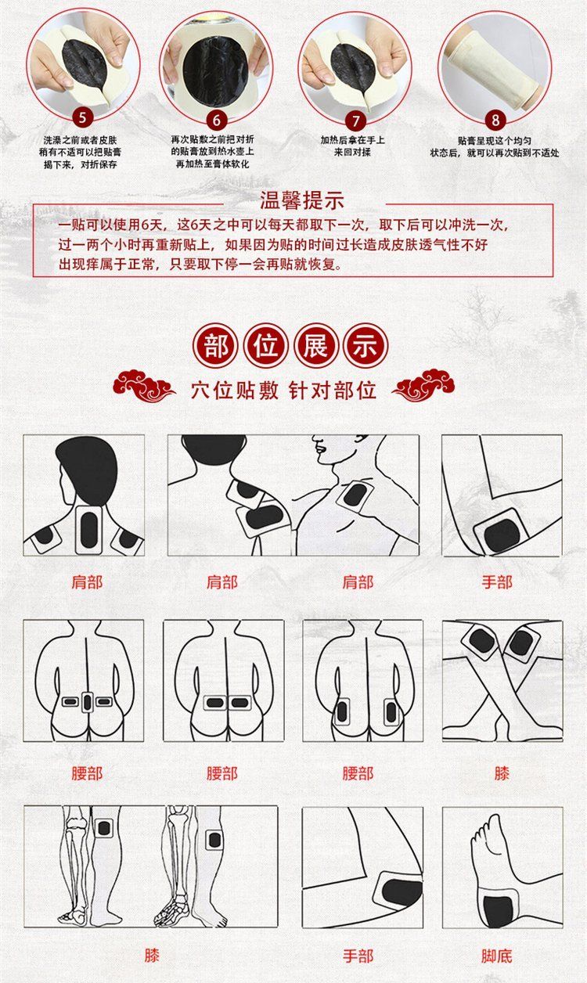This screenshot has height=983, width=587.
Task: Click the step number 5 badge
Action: pyautogui.click(x=82, y=117)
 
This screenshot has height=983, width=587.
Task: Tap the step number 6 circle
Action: pyautogui.click(x=216, y=120)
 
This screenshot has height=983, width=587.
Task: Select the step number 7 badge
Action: pyautogui.click(x=356, y=121)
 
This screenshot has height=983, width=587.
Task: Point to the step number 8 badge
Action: pyautogui.click(x=495, y=120)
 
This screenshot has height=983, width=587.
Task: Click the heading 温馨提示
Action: pyautogui.click(x=302, y=201)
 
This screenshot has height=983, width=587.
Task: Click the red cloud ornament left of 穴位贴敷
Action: pyautogui.click(x=144, y=386)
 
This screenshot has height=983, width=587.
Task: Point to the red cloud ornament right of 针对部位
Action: pyautogui.click(x=423, y=385)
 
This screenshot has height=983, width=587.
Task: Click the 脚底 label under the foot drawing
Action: pyautogui.click(x=497, y=956)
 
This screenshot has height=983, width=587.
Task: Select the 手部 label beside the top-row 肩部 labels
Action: pyautogui.click(x=497, y=582)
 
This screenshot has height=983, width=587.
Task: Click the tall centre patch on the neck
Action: pyautogui.click(x=89, y=530)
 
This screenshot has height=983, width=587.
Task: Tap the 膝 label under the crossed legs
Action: pyautogui.click(x=502, y=774)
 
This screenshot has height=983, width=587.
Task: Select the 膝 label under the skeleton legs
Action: pyautogui.click(x=152, y=956)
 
